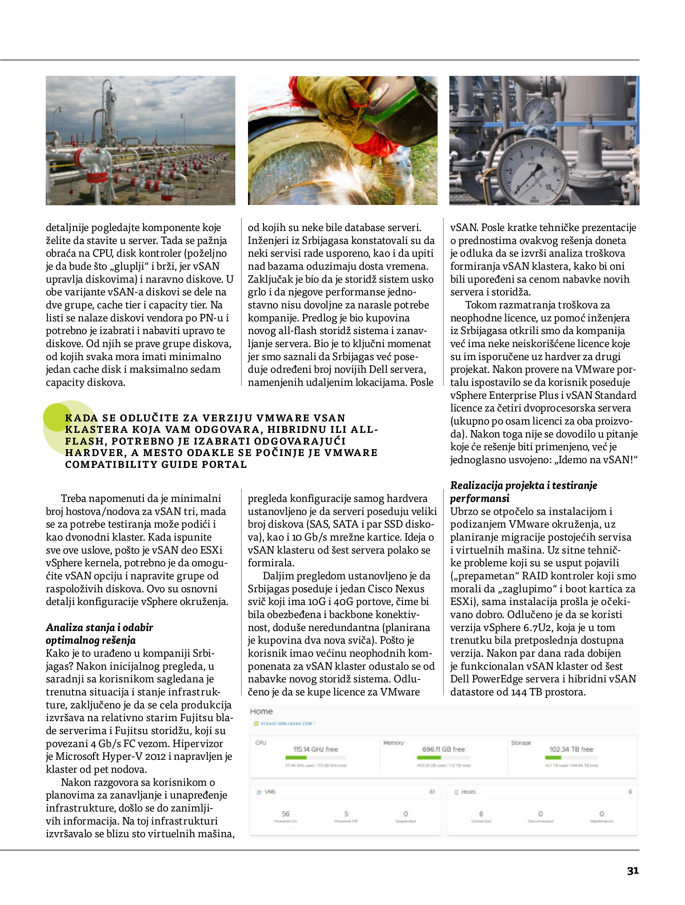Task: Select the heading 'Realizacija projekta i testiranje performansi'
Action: (x=523, y=491)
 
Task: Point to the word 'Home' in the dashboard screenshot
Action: (x=261, y=711)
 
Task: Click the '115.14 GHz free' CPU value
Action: (x=315, y=749)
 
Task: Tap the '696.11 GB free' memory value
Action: (x=443, y=749)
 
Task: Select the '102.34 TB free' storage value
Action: (x=571, y=749)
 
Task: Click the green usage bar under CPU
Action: (x=296, y=758)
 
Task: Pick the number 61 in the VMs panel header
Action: (x=432, y=792)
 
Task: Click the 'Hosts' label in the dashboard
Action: (x=469, y=792)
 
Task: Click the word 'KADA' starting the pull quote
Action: (x=81, y=418)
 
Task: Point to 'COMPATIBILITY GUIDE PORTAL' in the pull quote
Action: (x=156, y=464)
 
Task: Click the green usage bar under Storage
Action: (x=553, y=758)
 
